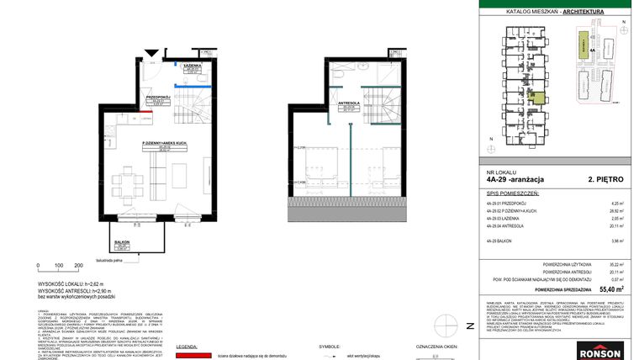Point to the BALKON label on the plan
121,243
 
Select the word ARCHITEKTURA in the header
589,12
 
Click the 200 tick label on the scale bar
78,265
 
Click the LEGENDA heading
187,346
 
